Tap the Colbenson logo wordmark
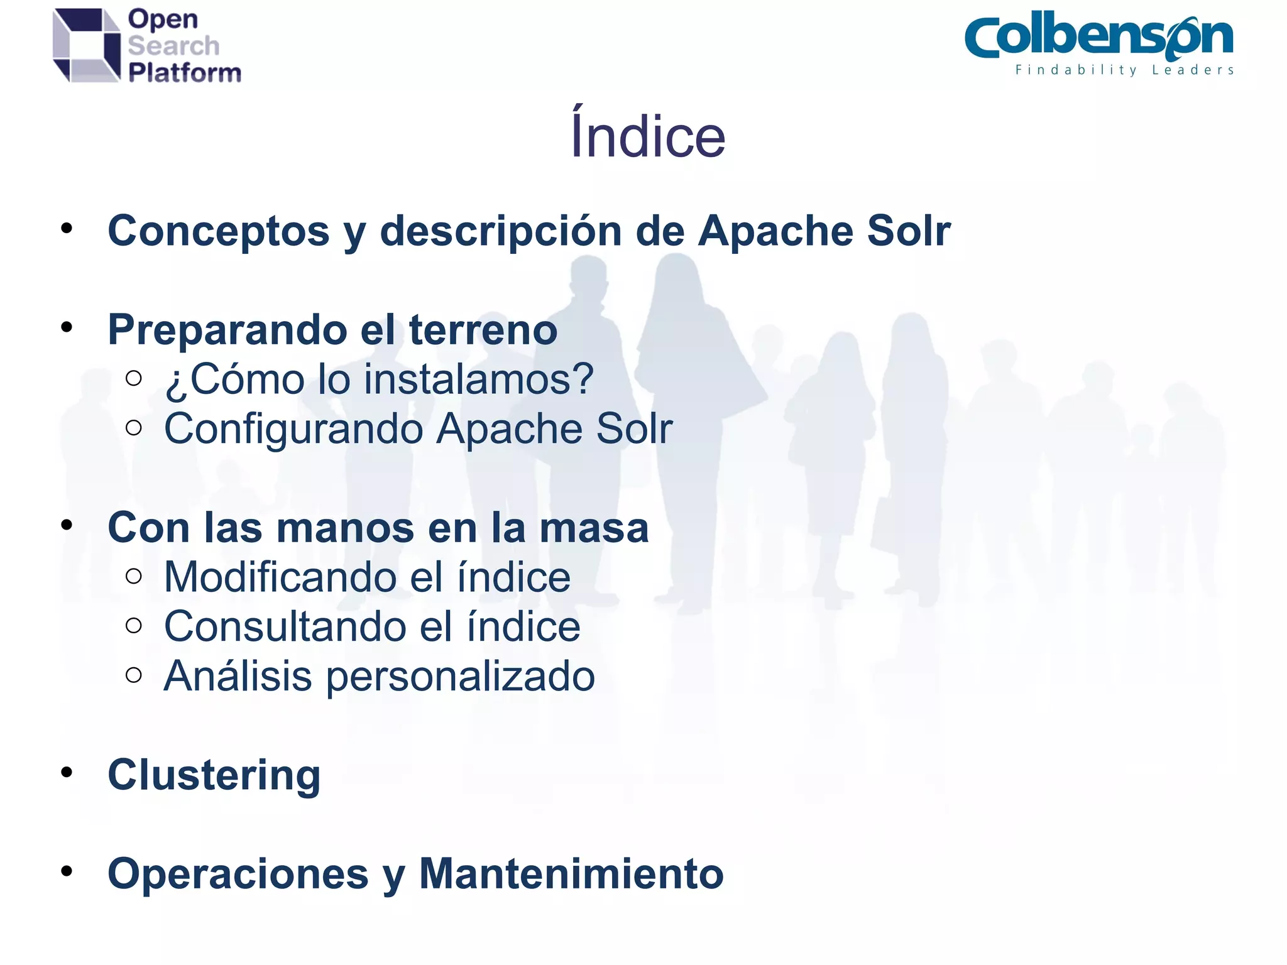point(1098,38)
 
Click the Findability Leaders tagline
point(1124,70)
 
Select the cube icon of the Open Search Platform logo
point(87,45)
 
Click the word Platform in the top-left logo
point(185,73)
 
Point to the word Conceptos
point(218,231)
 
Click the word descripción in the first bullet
point(501,231)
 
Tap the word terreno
point(483,330)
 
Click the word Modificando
point(280,577)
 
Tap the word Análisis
point(238,677)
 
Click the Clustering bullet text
point(214,775)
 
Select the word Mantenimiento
point(571,874)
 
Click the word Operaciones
point(238,874)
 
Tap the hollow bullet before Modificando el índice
point(133,576)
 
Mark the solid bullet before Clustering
point(67,772)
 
